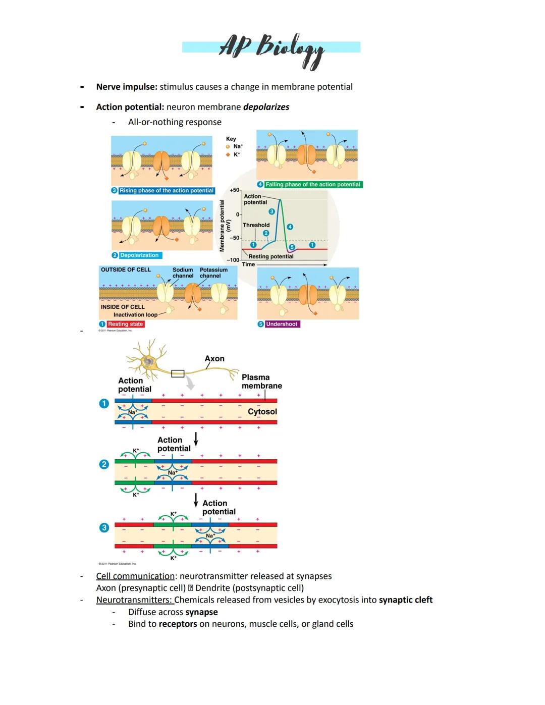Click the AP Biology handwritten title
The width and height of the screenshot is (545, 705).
271,48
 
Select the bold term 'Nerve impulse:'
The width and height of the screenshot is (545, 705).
127,87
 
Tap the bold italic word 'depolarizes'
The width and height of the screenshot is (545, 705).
266,107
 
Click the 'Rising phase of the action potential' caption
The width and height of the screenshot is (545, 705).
166,191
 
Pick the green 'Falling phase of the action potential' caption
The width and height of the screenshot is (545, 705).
313,185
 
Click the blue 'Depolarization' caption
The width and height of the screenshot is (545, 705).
139,255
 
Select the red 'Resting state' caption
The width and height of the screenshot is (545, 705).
125,324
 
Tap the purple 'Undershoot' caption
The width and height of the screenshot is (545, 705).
282,324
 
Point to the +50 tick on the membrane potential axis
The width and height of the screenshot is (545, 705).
235,190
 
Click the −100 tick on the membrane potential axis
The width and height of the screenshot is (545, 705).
233,260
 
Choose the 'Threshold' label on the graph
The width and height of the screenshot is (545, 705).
256,225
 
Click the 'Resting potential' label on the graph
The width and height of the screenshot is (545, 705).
271,256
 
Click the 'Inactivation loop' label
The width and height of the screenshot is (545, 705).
135,314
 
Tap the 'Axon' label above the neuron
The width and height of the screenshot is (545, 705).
214,358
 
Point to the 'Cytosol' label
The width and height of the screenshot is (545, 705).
262,411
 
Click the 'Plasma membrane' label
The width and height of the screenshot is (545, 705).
261,382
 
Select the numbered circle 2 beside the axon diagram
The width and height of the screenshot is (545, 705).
104,464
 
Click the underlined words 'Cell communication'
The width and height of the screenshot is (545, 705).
135,576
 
